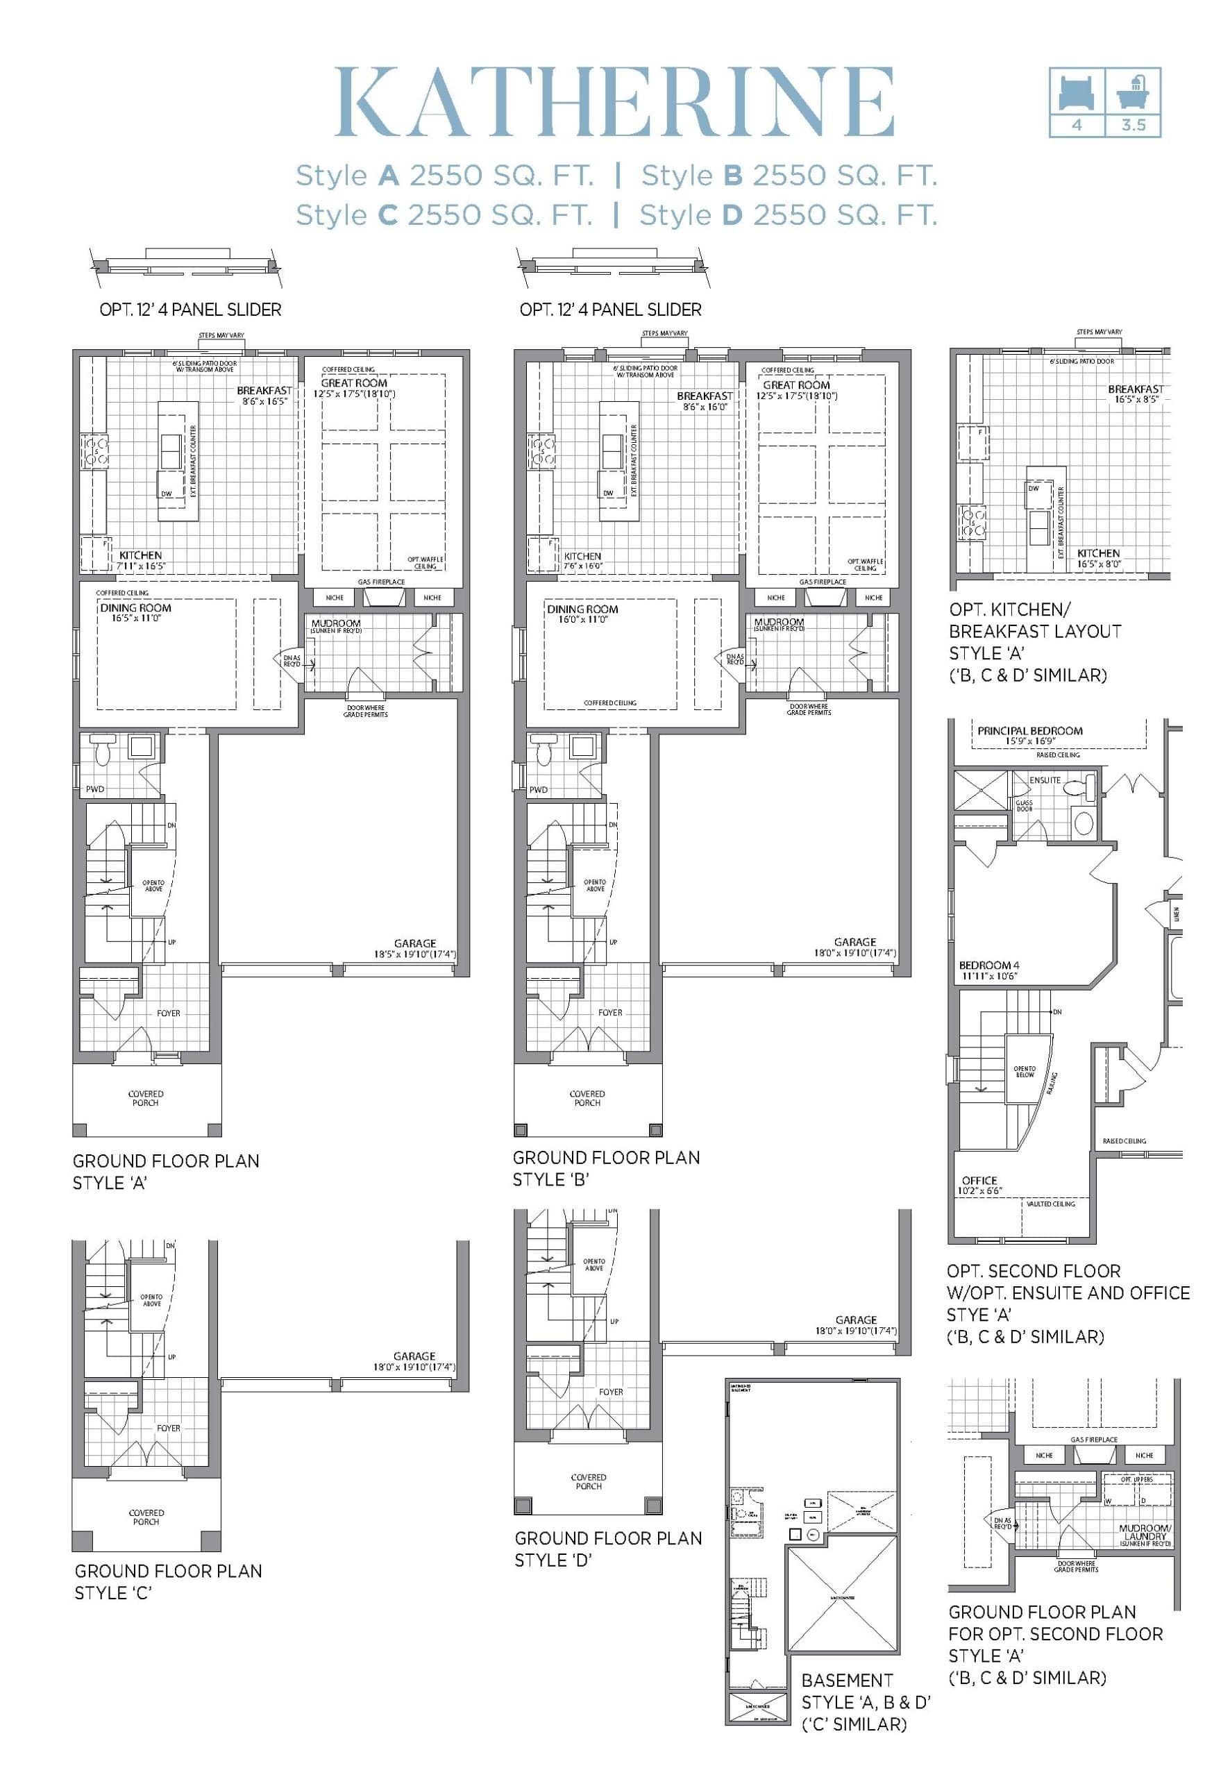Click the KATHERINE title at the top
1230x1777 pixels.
click(614, 103)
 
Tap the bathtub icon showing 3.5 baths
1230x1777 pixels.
click(1133, 92)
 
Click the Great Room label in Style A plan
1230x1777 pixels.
click(354, 383)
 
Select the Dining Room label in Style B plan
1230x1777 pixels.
click(582, 609)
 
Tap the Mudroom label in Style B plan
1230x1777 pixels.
click(778, 622)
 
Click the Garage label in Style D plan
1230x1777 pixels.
click(855, 1320)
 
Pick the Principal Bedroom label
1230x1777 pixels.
click(1029, 730)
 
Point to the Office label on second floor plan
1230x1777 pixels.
click(979, 1181)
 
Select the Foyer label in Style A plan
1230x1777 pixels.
click(168, 1013)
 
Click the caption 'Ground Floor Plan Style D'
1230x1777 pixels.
click(608, 1549)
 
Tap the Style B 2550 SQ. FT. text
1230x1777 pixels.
click(789, 176)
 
